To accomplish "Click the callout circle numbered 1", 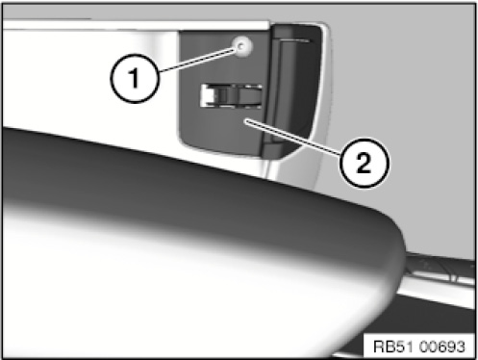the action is click(135, 78).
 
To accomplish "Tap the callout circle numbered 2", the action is click(365, 163).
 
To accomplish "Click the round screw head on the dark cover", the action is click(242, 46).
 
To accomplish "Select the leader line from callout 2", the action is click(293, 138).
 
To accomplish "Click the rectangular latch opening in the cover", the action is click(232, 95).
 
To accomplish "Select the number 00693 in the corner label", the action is click(441, 347).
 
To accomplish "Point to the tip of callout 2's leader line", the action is click(245, 120).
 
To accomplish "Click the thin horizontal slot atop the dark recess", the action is click(295, 40).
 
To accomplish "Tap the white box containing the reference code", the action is click(419, 347).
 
